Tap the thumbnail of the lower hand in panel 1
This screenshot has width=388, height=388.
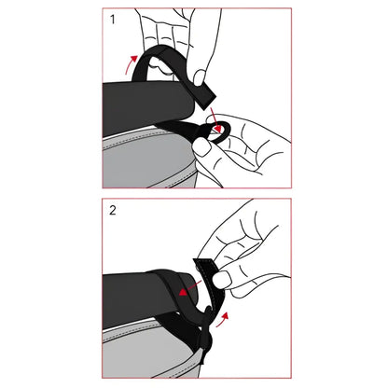point(203,146)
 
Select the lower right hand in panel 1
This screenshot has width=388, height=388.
point(247,145)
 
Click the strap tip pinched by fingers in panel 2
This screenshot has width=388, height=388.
point(207,265)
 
